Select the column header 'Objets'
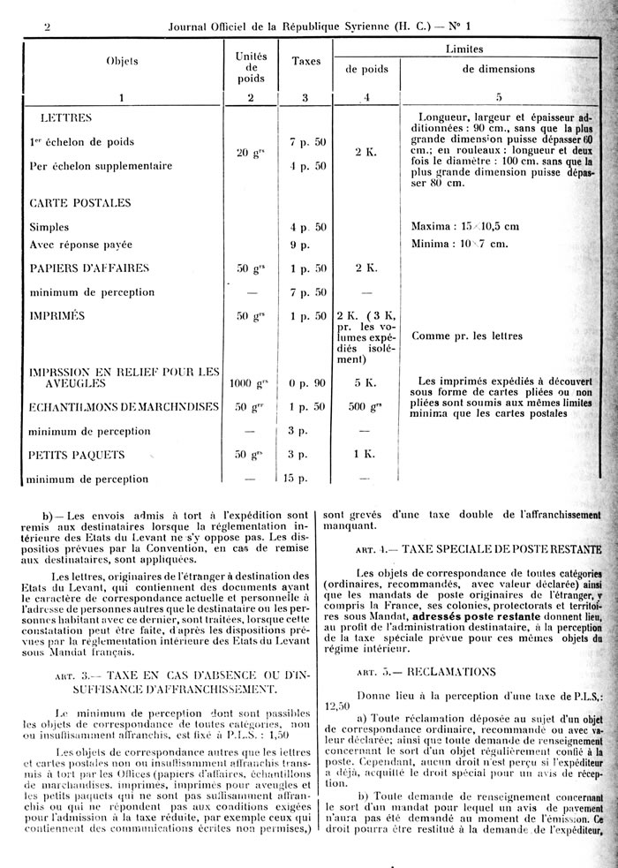[x=122, y=62]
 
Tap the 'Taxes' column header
[x=305, y=62]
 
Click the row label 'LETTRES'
[x=67, y=117]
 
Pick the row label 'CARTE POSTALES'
[x=80, y=202]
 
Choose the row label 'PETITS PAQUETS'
[x=76, y=455]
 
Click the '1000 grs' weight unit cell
[x=250, y=384]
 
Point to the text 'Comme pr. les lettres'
[x=468, y=336]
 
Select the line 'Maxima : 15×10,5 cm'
[x=464, y=227]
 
